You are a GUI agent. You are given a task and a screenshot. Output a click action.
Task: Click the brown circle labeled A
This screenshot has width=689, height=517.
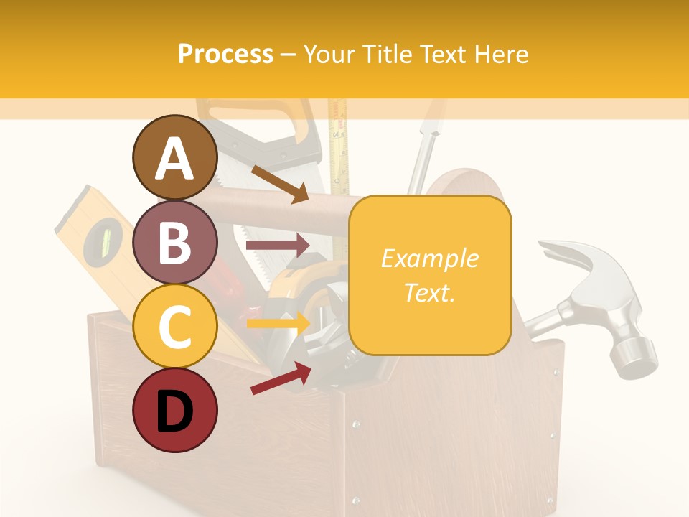[x=174, y=157]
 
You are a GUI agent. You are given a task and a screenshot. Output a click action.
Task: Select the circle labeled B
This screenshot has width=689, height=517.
[x=174, y=242]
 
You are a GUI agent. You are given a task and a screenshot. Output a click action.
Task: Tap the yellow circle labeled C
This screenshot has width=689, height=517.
[x=174, y=326]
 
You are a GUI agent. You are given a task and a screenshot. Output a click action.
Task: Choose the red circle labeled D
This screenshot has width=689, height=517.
[x=174, y=410]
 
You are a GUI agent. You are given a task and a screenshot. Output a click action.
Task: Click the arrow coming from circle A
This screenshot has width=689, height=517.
[x=280, y=184]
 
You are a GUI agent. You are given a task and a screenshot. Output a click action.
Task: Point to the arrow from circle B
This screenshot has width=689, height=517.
[x=277, y=246]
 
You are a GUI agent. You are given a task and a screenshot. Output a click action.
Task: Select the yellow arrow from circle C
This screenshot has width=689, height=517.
[x=277, y=322]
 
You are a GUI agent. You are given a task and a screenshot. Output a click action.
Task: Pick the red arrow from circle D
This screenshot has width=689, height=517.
[x=280, y=378]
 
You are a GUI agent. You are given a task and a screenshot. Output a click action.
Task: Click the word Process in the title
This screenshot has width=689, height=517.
[x=225, y=54]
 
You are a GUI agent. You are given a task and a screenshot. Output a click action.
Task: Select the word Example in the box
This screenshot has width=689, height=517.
[x=429, y=258]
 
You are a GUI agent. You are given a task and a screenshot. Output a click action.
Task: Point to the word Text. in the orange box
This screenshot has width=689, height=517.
[x=429, y=292]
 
